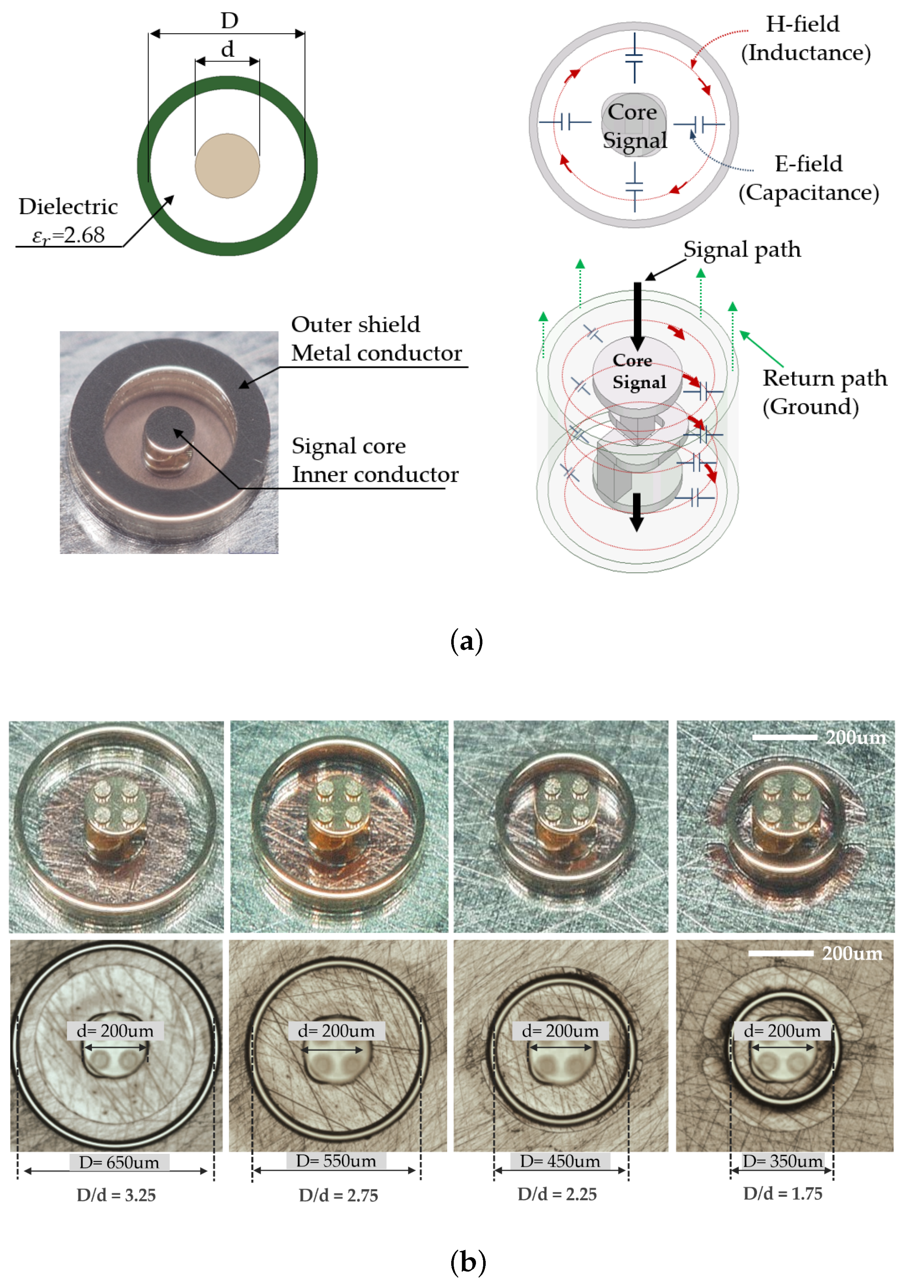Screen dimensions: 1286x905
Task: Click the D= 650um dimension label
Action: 119,1162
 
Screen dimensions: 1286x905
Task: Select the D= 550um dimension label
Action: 336,1161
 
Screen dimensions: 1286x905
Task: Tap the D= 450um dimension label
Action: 560,1161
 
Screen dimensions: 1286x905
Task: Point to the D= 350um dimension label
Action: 782,1161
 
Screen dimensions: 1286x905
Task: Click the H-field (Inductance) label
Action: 805,38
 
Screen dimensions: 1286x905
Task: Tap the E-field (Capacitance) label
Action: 808,178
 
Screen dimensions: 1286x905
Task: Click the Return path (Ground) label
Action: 824,392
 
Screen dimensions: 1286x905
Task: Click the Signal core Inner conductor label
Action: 374,460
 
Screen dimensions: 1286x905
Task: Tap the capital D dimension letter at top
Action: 229,21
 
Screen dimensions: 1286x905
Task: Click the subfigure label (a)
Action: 466,641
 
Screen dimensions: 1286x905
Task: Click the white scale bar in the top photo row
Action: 784,737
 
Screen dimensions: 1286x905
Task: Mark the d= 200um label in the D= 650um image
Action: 115,1031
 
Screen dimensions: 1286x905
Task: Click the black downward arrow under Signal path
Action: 637,317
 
